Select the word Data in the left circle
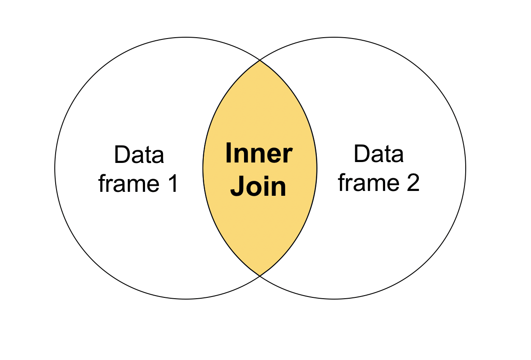coord(139,155)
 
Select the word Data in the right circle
coord(379,154)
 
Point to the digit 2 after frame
coord(412,183)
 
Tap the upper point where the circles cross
coord(260,60)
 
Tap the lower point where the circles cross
coord(260,275)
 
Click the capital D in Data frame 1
coord(121,155)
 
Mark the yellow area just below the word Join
coord(259,228)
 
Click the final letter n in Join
coord(279,188)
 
